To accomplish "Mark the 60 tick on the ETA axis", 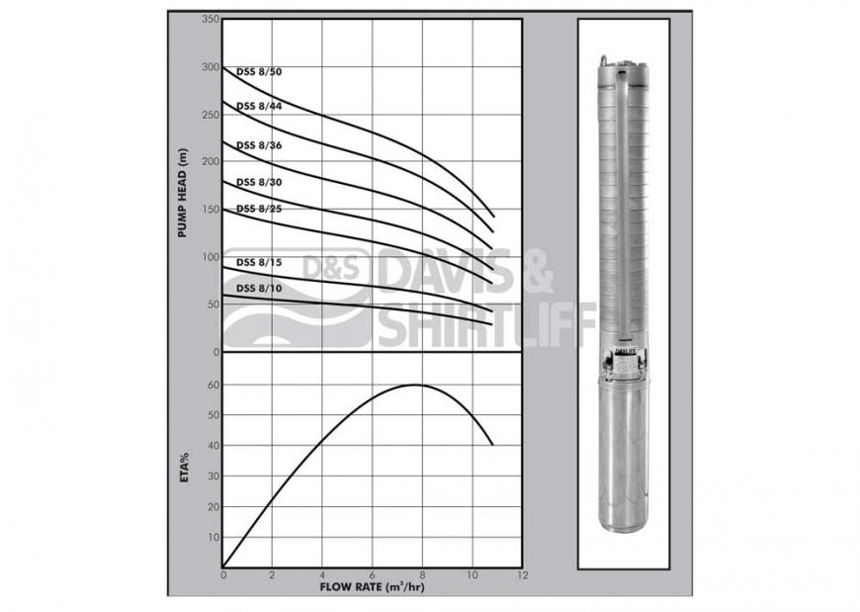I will (214, 385).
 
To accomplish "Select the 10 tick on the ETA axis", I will (214, 537).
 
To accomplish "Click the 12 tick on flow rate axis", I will (522, 574).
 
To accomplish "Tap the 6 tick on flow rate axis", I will (373, 574).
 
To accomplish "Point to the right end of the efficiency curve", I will (493, 445).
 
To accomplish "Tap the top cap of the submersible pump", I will (621, 64).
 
